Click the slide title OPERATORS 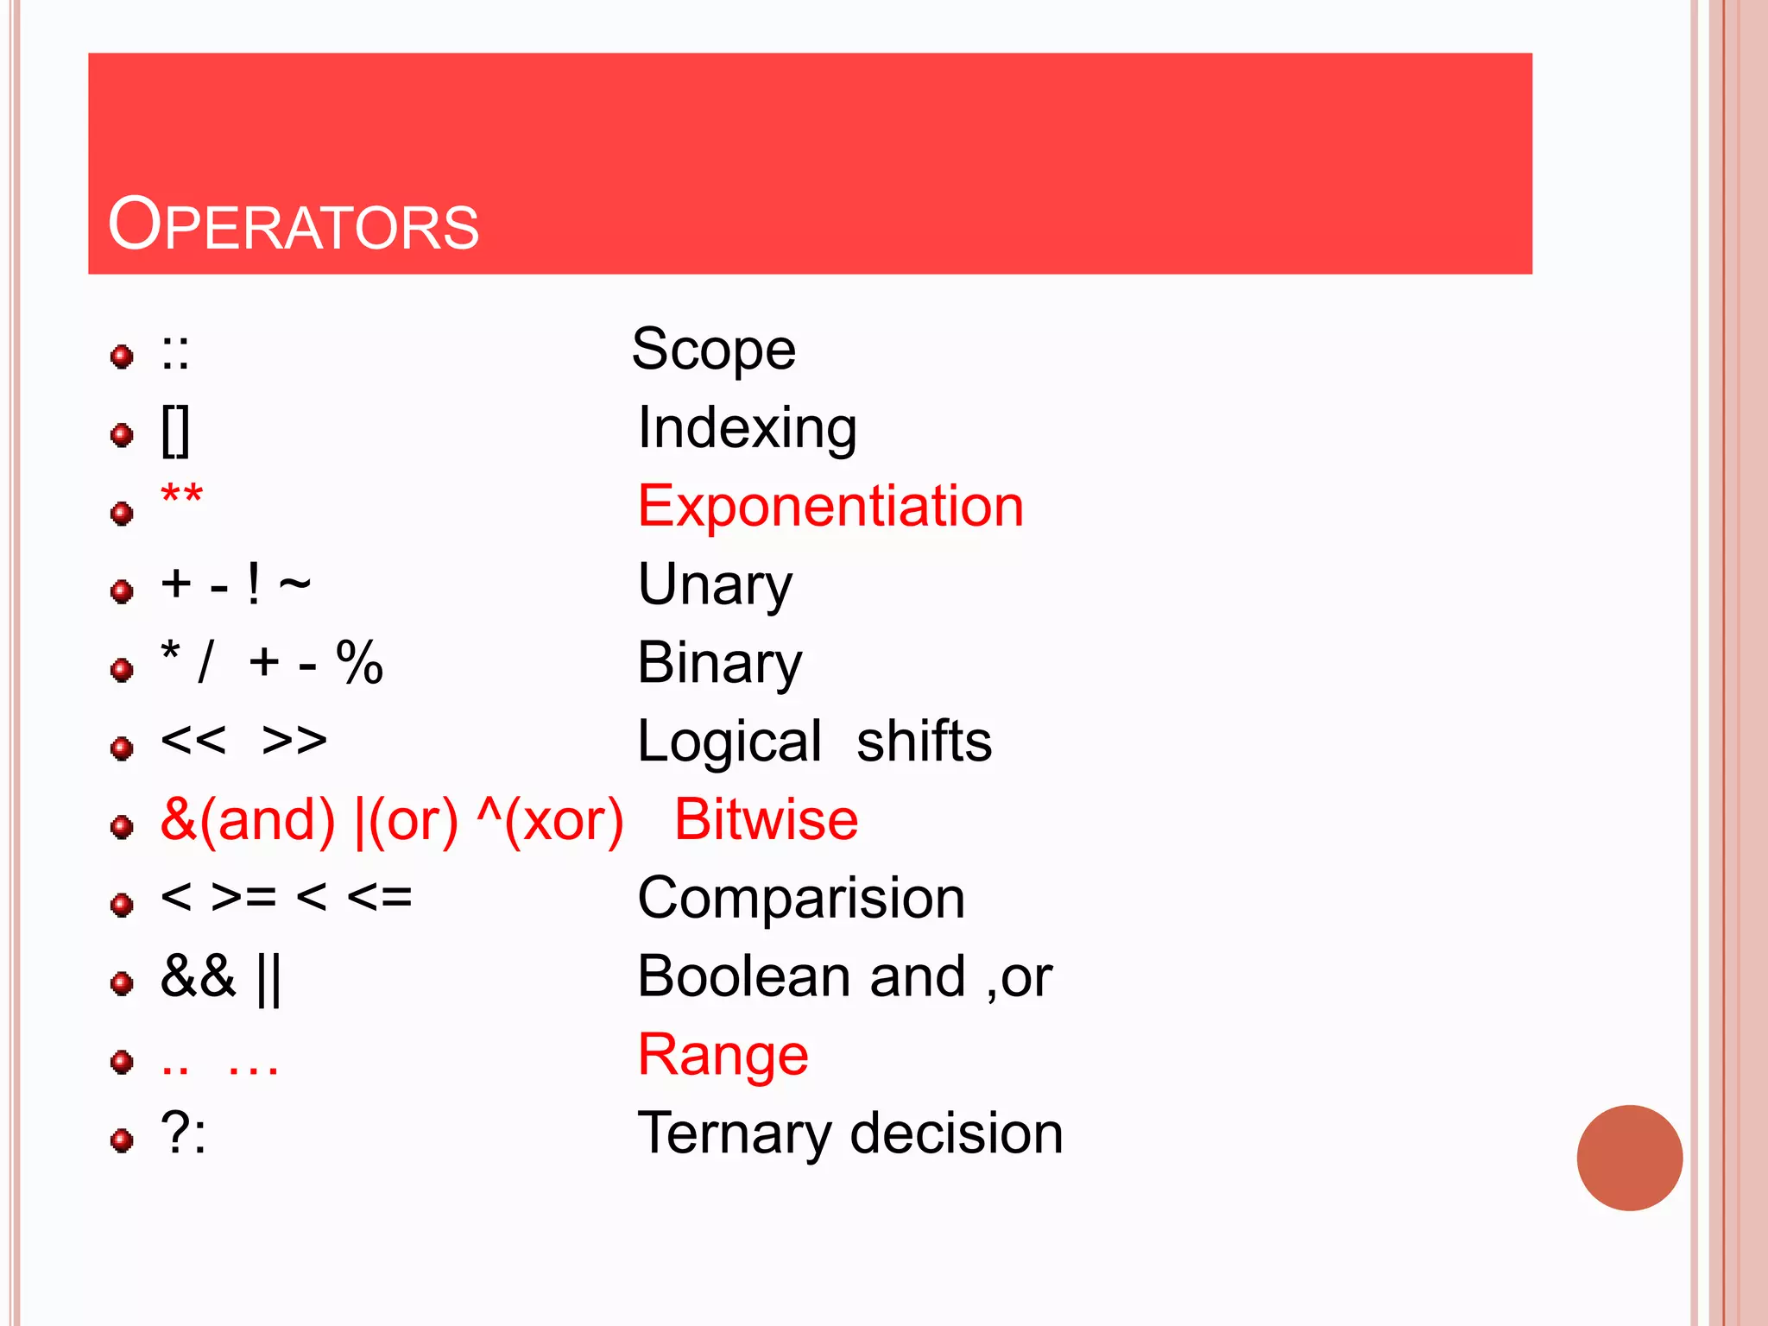(x=293, y=225)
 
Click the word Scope (x=713, y=350)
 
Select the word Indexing (x=747, y=428)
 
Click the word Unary (x=715, y=584)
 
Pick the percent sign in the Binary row (x=359, y=663)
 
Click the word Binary (x=720, y=663)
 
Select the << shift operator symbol (x=193, y=741)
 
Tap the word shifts (x=924, y=742)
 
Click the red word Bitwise (x=766, y=819)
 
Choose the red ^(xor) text (x=550, y=819)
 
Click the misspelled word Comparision (x=801, y=898)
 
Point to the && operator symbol (x=198, y=976)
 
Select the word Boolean (x=744, y=976)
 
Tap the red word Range (x=723, y=1055)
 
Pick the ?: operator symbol (x=183, y=1133)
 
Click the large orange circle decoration (x=1629, y=1158)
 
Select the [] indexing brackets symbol (x=175, y=431)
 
